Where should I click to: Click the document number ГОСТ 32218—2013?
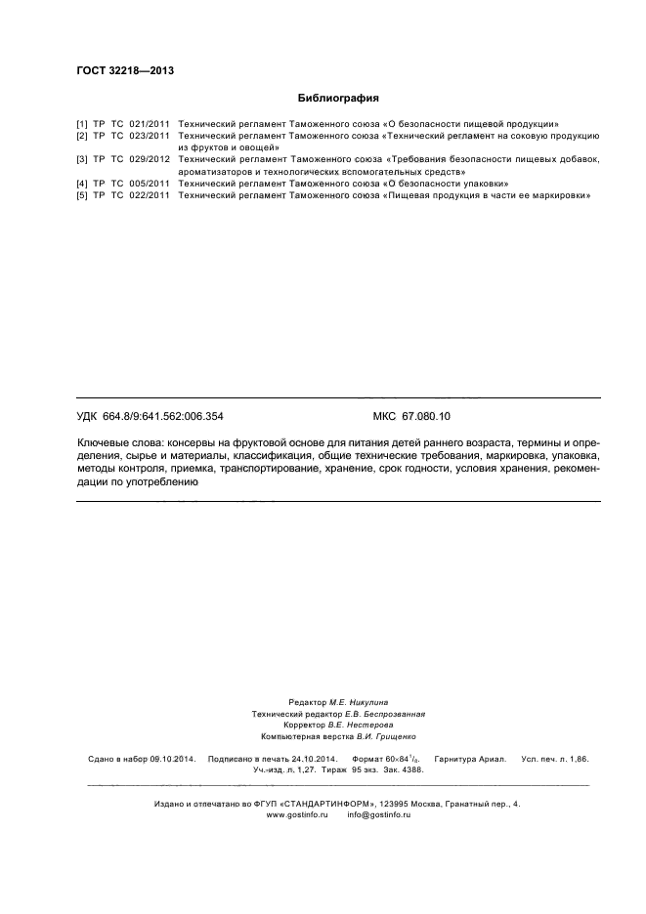tap(118, 70)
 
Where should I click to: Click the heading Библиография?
tap(336, 98)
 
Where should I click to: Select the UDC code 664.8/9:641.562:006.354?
tap(166, 416)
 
